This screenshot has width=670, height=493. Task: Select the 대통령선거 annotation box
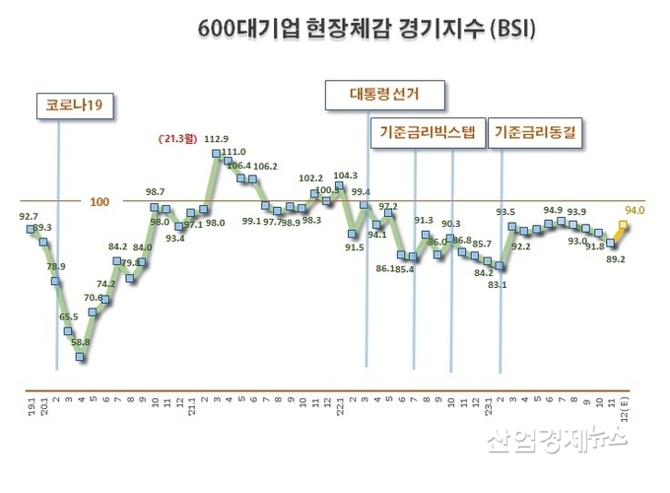384,96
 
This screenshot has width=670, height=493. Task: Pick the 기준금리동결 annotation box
538,133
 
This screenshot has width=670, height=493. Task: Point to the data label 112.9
216,138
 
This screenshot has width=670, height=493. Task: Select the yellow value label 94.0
634,209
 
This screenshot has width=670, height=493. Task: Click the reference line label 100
100,202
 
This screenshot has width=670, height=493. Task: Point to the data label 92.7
29,215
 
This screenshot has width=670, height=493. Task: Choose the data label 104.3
346,176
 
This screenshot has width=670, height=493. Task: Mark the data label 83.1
498,285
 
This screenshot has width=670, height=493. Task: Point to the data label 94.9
553,209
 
